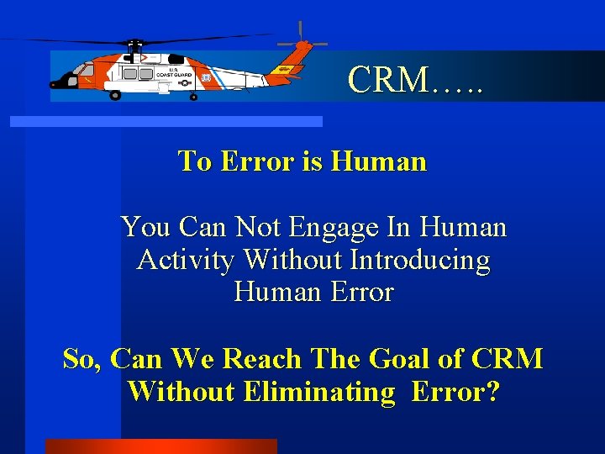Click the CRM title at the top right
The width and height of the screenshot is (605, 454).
pos(415,80)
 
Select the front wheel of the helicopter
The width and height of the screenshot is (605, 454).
pos(115,95)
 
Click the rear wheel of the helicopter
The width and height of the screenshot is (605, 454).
pos(194,97)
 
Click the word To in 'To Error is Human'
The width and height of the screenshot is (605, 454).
pos(194,161)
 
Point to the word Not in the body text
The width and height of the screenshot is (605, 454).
pos(257,227)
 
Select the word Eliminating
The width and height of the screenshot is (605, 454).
pos(318,391)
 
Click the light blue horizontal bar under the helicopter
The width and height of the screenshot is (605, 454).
pos(166,122)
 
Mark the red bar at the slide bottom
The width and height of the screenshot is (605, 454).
pos(160,446)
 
